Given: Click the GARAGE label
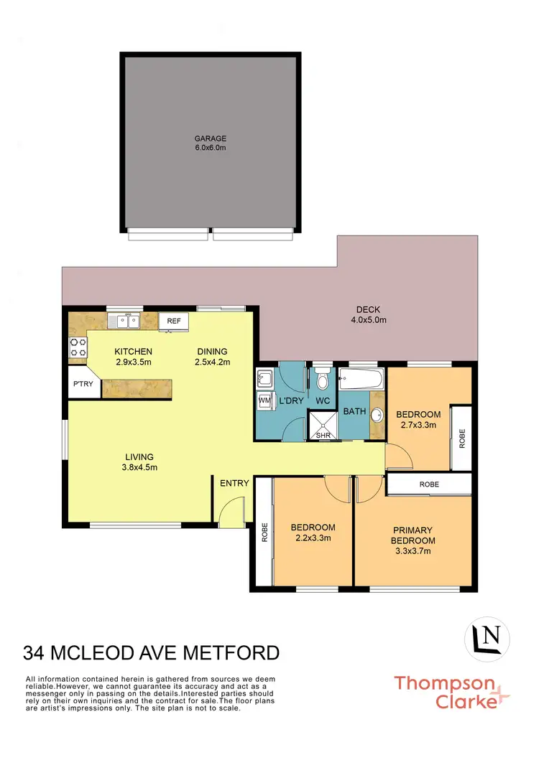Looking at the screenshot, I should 210,139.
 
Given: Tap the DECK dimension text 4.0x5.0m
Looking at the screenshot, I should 368,320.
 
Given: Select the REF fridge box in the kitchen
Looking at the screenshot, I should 173,322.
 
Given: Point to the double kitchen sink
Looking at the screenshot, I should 124,321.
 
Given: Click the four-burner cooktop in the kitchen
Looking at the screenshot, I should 78,347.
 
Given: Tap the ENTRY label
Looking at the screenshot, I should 234,483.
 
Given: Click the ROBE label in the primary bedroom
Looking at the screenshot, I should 430,484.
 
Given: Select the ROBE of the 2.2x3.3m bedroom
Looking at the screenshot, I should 264,531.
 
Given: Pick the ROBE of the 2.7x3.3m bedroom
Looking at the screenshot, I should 461,438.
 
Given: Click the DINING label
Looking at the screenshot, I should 213,352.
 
